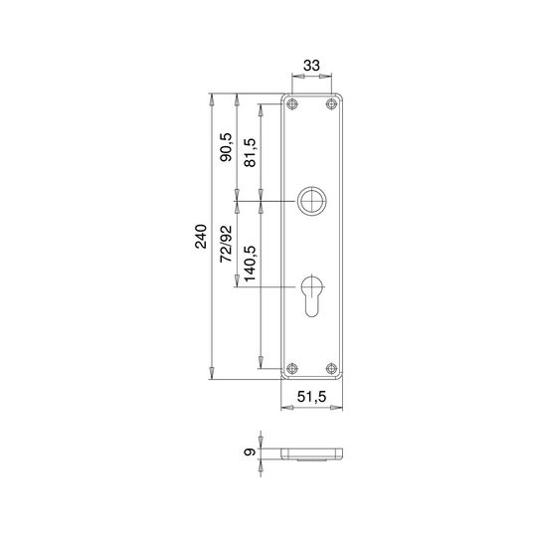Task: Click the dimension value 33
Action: pos(311,65)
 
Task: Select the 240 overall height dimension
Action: pos(201,237)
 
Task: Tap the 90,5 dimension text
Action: pos(226,147)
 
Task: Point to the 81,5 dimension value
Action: pos(250,152)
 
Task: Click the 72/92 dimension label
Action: pos(226,244)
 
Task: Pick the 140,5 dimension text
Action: pos(250,264)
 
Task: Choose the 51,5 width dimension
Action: pos(311,397)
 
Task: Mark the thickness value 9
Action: pos(250,452)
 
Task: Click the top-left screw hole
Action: pos(291,103)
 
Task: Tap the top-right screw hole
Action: pos(331,103)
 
